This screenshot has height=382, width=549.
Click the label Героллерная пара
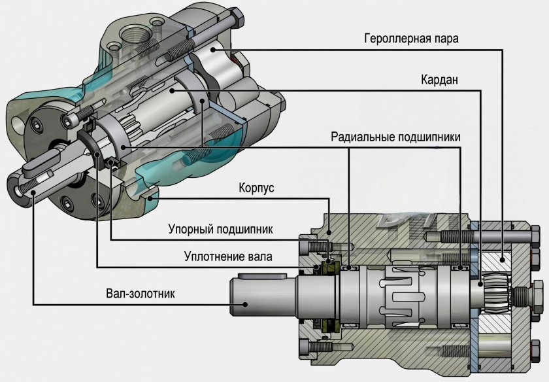tap(411, 37)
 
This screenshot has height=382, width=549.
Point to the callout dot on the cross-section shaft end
tap(248, 304)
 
